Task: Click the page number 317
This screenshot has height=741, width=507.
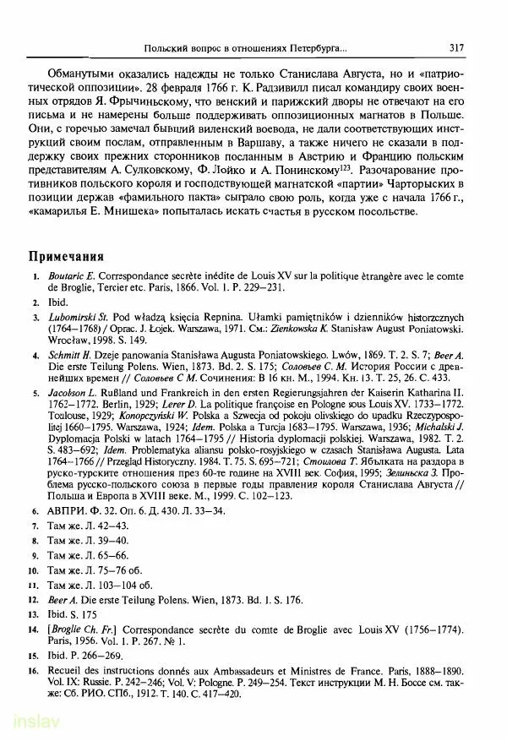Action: pyautogui.click(x=457, y=48)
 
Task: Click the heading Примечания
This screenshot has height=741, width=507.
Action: pyautogui.click(x=67, y=255)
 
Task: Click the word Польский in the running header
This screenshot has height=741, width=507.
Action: pyautogui.click(x=170, y=48)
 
